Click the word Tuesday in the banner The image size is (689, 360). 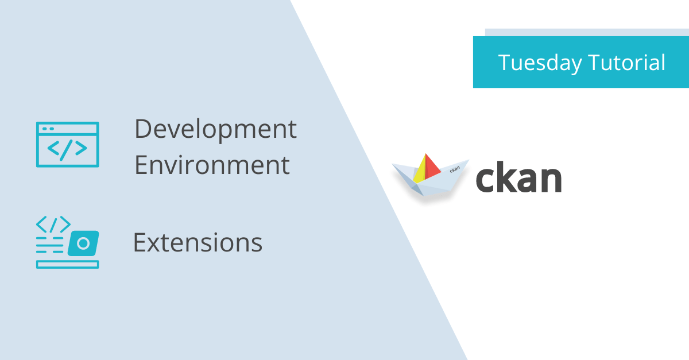pos(537,63)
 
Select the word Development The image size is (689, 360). pos(215,130)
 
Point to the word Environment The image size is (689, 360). pos(212,165)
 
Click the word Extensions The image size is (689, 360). pos(198,243)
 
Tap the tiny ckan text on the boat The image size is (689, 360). pos(455,169)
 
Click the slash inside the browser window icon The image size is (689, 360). pos(67,149)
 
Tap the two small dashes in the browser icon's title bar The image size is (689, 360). pos(48,128)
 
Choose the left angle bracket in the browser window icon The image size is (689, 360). pos(53,149)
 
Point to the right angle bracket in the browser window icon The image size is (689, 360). pos(81,149)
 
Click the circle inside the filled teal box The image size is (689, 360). pos(83,243)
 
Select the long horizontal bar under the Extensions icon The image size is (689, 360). pos(67,264)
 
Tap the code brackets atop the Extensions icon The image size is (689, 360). pos(53,223)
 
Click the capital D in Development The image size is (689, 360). pos(142,129)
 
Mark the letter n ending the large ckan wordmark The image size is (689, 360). pos(549,180)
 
